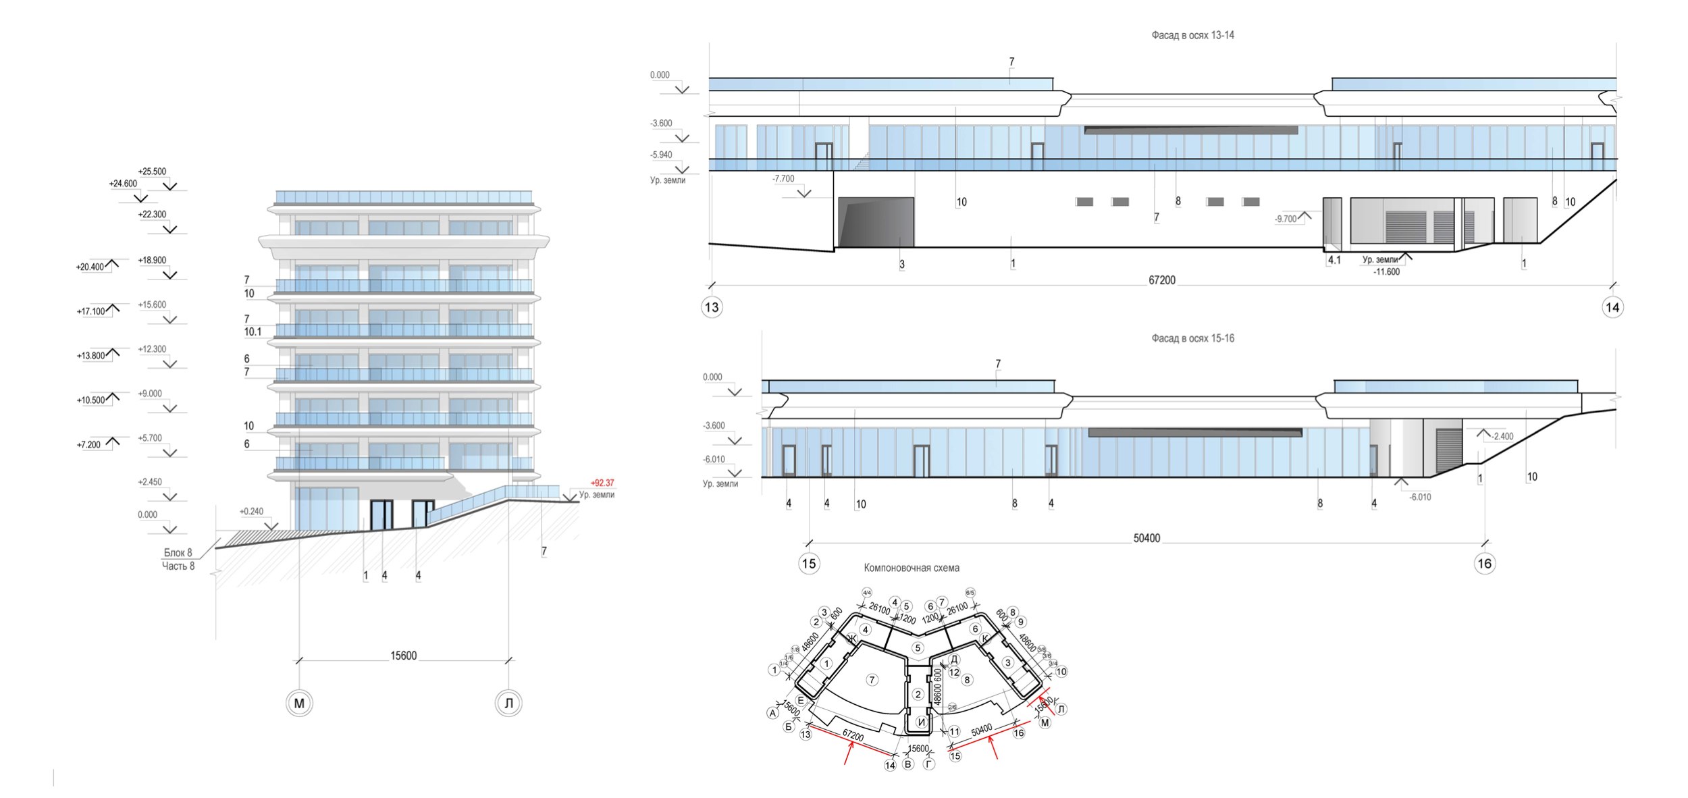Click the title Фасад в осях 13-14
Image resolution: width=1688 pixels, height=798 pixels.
(1192, 35)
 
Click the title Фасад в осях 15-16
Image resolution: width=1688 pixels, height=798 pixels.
(1192, 338)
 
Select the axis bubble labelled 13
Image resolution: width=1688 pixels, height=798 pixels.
(712, 308)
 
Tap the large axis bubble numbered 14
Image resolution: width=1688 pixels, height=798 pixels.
(1612, 308)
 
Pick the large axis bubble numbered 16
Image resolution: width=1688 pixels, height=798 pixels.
(1484, 564)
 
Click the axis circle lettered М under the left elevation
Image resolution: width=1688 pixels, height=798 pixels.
(299, 703)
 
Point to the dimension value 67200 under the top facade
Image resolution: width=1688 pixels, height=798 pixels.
(1161, 280)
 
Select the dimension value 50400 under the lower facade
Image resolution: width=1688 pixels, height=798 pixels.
(1146, 538)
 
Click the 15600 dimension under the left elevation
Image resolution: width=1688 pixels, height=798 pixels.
(403, 656)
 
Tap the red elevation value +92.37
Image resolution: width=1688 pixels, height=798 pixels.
(602, 483)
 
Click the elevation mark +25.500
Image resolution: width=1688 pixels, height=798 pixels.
(152, 171)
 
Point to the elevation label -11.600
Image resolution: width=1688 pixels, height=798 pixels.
(1386, 272)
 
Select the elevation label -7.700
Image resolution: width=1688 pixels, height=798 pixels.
(783, 179)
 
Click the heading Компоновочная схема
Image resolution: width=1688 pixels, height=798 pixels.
(912, 568)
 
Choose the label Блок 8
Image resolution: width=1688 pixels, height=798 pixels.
(178, 553)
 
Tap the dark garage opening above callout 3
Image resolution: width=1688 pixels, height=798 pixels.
(876, 222)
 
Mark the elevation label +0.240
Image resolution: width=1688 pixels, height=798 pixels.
(251, 512)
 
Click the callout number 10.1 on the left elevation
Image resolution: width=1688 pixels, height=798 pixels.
(253, 332)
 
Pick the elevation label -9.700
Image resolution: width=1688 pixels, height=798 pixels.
(1286, 219)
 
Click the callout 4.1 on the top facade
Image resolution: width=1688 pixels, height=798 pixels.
(1334, 260)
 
